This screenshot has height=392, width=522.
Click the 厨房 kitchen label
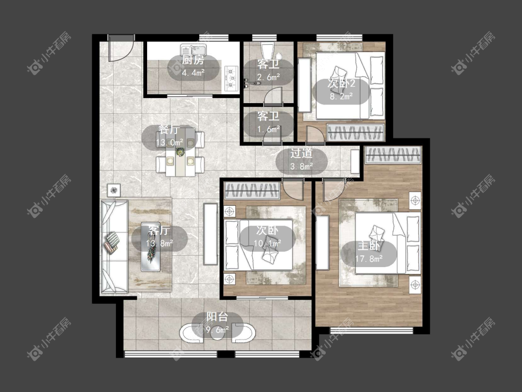pos(193,60)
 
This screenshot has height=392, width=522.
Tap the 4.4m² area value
pos(193,72)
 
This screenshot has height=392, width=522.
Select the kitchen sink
pos(193,50)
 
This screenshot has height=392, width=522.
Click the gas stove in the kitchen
pos(232,78)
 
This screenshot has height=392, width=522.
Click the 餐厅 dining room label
pos(169,130)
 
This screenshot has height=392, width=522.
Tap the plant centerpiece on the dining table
pos(180,152)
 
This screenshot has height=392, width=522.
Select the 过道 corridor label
pos(301,153)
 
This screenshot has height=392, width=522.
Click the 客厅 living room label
pos(159,230)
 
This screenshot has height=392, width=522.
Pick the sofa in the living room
pos(115,247)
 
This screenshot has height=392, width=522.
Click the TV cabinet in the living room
pos(211,234)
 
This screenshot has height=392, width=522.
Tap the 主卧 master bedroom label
pos(368,246)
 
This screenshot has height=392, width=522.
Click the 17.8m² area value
pos(369,258)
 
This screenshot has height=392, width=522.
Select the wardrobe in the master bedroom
pos(393,155)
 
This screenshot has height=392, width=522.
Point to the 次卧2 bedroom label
pos(341,83)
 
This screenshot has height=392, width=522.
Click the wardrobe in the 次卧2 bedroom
pos(355,132)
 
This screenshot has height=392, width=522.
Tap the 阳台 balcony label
pos(217,317)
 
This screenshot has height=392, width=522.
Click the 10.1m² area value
pos(267,243)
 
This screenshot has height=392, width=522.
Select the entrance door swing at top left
pos(121,48)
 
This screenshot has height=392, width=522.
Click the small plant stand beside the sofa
pos(114,190)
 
